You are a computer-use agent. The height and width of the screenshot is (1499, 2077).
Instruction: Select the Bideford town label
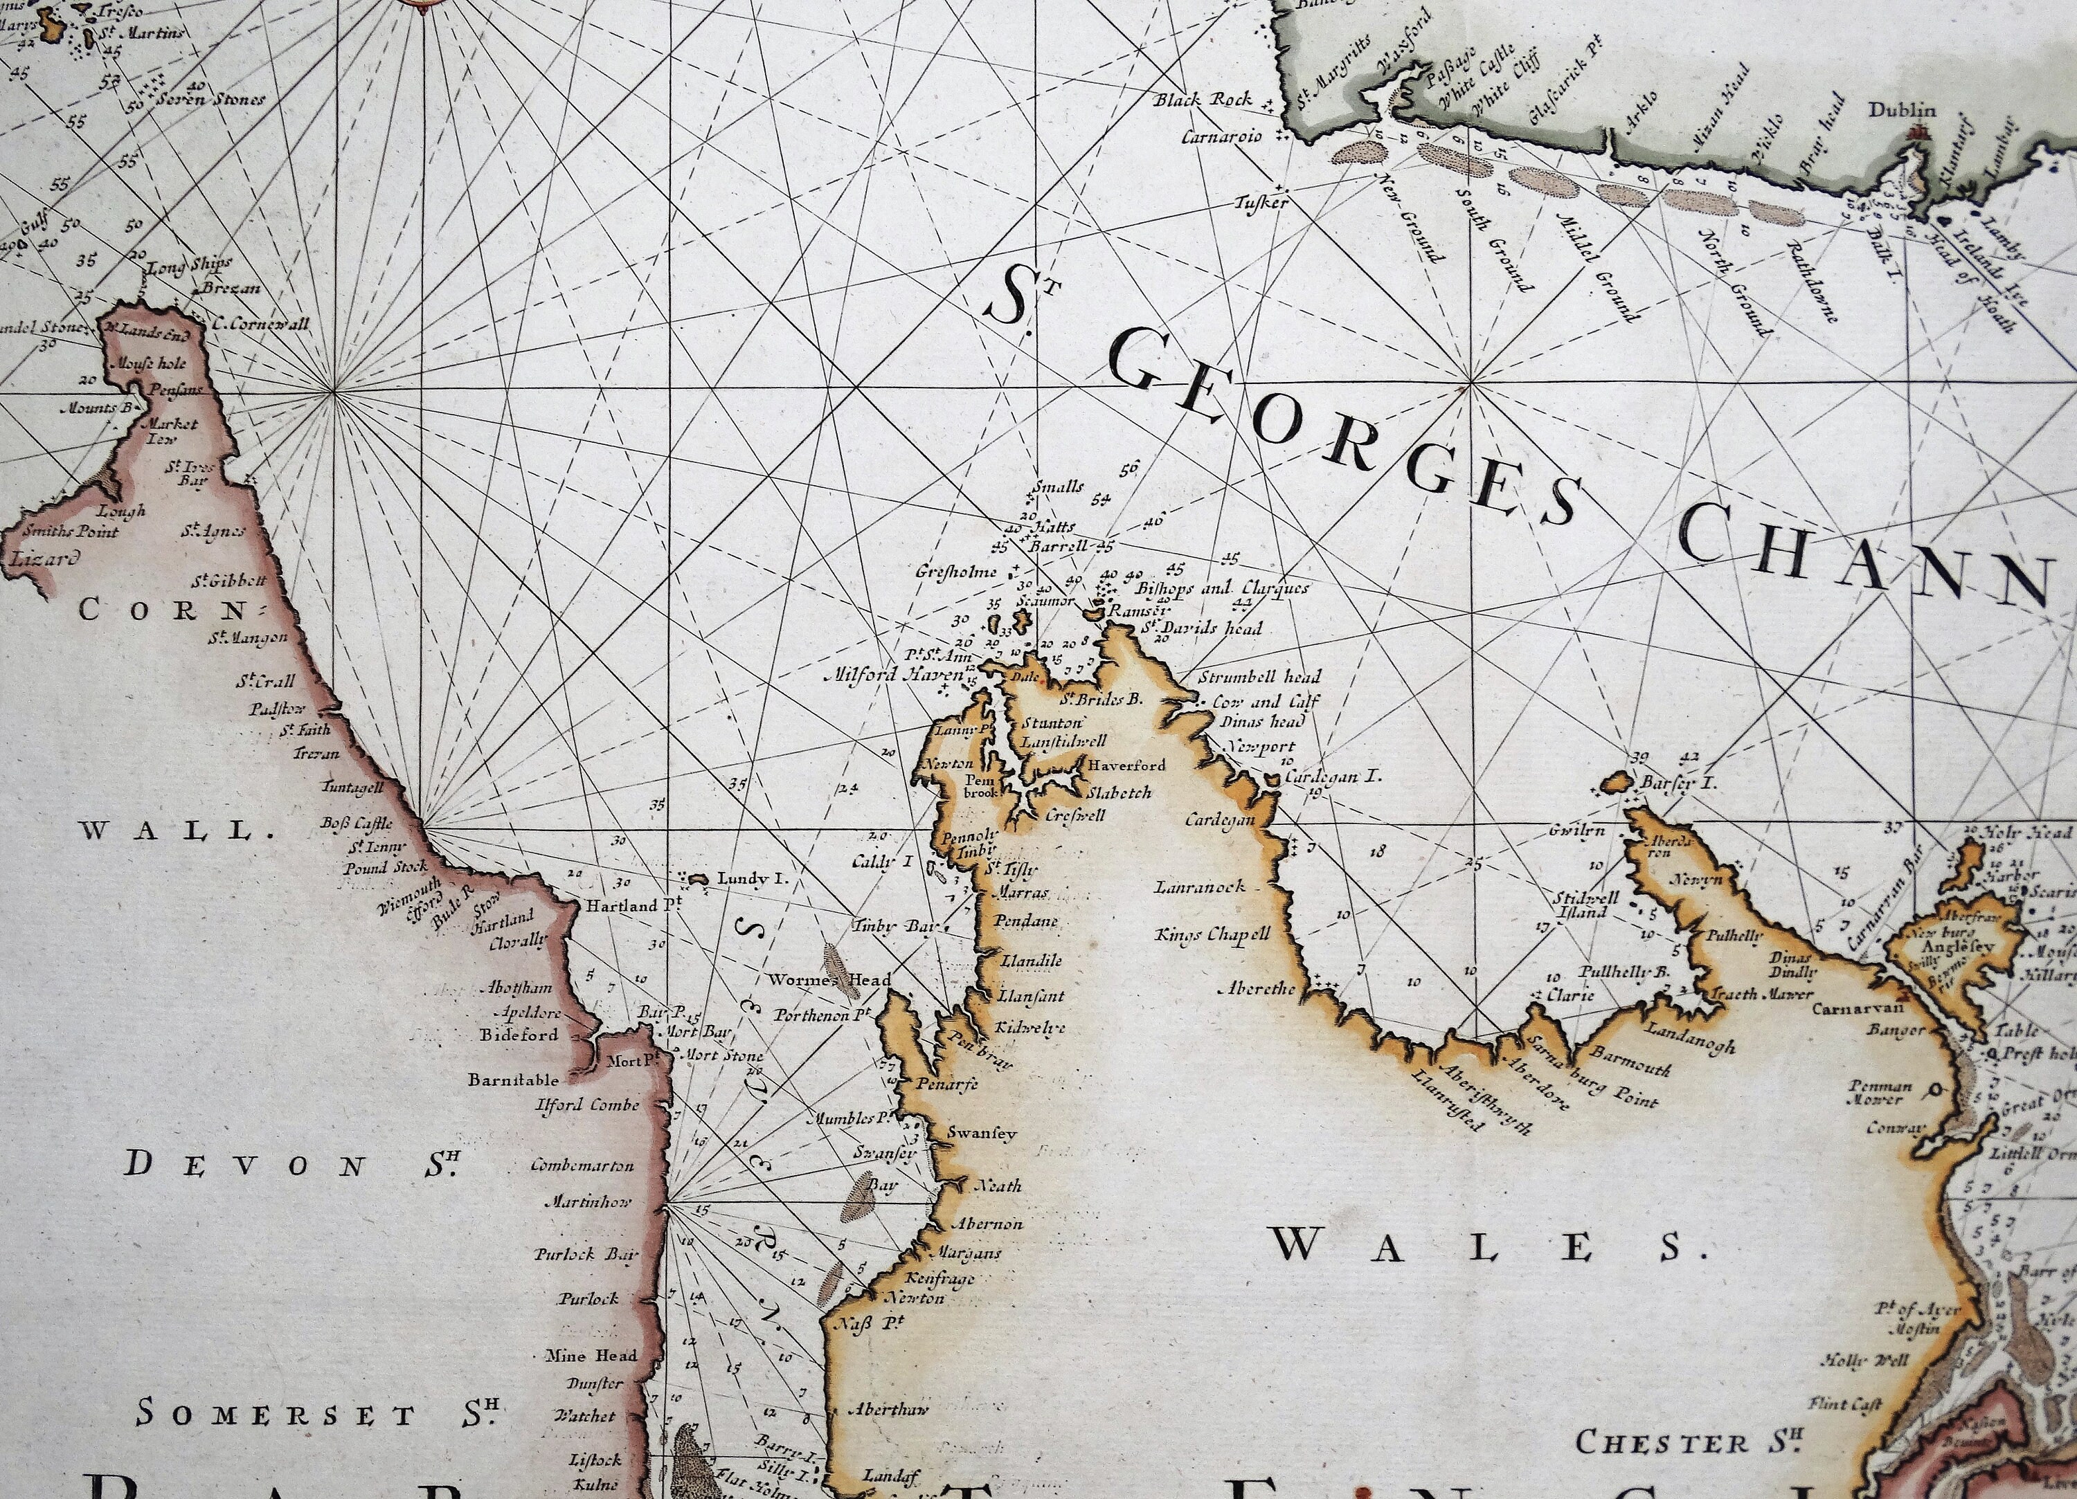coord(519,1035)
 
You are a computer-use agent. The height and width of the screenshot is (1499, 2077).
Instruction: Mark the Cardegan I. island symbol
coord(1271,779)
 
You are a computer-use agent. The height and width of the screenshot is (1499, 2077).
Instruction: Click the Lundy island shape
coord(698,878)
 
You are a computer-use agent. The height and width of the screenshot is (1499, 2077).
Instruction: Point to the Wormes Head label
coord(829,980)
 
